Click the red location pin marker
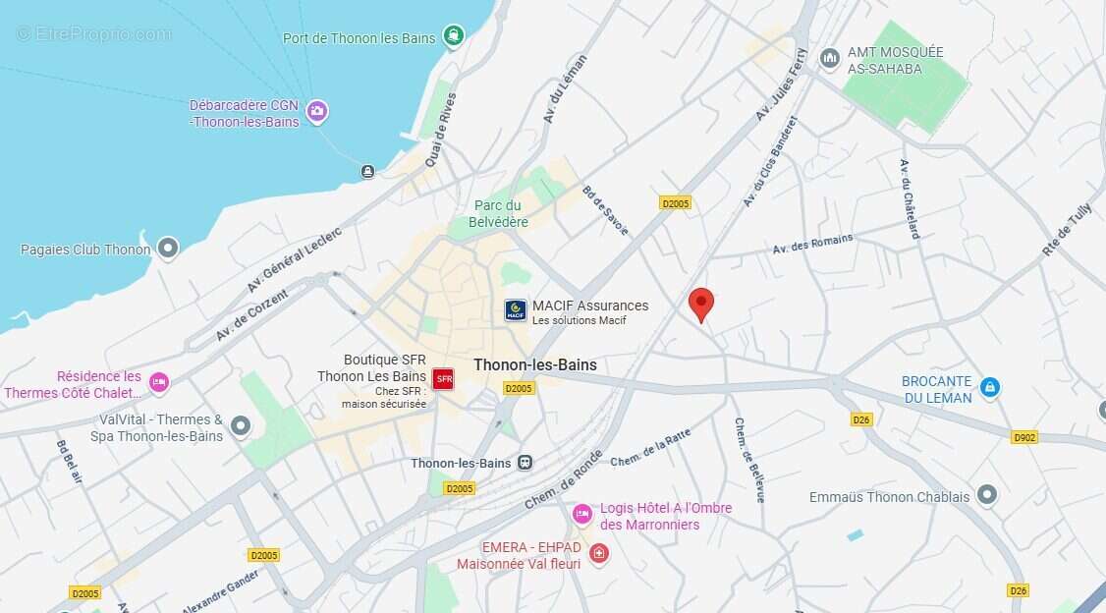pyautogui.click(x=700, y=303)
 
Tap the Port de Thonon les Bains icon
pyautogui.click(x=453, y=36)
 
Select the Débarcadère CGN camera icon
pyautogui.click(x=316, y=111)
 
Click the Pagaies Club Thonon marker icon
pyautogui.click(x=168, y=249)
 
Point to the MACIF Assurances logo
pyautogui.click(x=516, y=310)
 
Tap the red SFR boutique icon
pyautogui.click(x=443, y=378)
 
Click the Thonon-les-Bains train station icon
pyautogui.click(x=525, y=463)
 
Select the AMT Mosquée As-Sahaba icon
pyautogui.click(x=830, y=59)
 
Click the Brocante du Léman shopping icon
pyautogui.click(x=989, y=388)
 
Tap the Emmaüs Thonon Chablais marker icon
pyautogui.click(x=987, y=495)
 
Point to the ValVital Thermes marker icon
pyautogui.click(x=241, y=426)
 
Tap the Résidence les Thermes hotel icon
pyautogui.click(x=159, y=382)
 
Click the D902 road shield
pyautogui.click(x=1023, y=436)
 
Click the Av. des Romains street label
pyautogui.click(x=812, y=244)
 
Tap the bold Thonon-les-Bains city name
pyautogui.click(x=534, y=364)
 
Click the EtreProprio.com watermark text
pyautogui.click(x=94, y=33)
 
